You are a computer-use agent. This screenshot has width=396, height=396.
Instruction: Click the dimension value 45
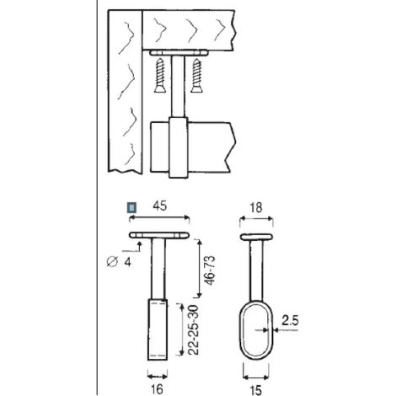tap(160, 206)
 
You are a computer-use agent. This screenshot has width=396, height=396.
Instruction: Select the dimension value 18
tap(256, 208)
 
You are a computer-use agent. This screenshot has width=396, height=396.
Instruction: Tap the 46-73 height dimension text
tap(210, 270)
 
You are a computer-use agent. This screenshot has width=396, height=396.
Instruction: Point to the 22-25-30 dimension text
tap(194, 330)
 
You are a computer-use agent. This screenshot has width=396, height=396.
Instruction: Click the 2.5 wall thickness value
tap(290, 320)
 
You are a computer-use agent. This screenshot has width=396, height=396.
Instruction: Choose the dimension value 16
tap(157, 389)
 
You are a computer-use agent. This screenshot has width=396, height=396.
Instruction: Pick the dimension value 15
tap(255, 390)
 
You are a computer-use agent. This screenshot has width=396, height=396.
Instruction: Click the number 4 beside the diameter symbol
tap(127, 262)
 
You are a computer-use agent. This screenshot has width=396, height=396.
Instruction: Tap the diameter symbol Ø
tap(111, 262)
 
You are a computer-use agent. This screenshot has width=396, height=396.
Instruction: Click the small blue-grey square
tap(131, 208)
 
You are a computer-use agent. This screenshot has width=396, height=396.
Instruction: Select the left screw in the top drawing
tap(160, 75)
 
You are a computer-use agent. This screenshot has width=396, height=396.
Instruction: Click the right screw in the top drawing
tap(196, 75)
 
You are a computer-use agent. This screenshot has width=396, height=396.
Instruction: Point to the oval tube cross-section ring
tap(240, 330)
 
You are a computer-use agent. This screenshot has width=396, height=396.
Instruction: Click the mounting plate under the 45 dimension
tap(159, 235)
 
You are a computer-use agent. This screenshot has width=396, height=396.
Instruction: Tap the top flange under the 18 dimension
tap(256, 237)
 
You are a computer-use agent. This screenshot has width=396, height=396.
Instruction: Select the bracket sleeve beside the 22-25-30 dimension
tap(158, 329)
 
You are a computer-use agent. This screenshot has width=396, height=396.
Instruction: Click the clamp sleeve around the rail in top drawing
tap(178, 147)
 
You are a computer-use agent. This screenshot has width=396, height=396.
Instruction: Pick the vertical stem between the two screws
tap(178, 86)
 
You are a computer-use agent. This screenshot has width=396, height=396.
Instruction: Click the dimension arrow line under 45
tap(159, 217)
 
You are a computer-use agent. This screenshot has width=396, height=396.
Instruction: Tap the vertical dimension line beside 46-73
tap(199, 268)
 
